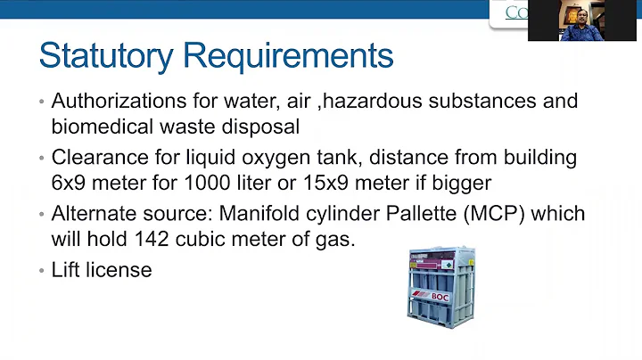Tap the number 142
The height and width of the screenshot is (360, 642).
tap(144, 239)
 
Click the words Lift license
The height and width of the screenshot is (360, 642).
tap(102, 270)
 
